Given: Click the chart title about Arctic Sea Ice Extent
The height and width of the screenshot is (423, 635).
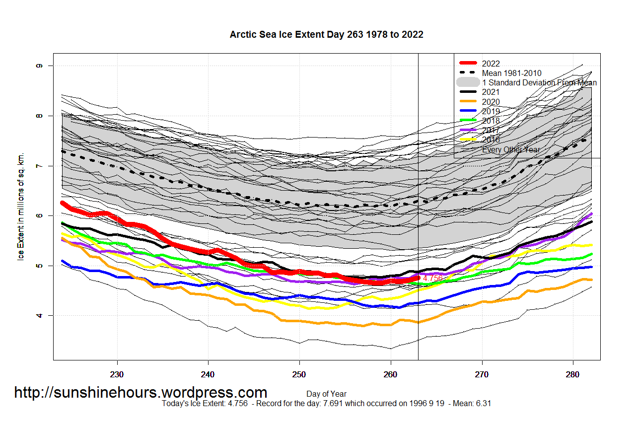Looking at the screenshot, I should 326,35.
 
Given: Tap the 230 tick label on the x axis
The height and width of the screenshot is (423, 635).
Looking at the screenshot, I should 117,373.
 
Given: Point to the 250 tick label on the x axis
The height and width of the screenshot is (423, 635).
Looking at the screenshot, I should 299,373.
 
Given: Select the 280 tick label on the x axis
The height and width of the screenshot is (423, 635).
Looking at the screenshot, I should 573,373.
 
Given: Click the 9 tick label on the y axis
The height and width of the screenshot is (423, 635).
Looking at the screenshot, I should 39,66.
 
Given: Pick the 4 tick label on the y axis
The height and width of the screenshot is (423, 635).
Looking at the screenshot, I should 39,316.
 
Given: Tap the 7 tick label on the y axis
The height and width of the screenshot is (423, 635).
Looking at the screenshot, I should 39,166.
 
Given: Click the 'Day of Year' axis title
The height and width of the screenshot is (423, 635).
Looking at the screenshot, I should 326,394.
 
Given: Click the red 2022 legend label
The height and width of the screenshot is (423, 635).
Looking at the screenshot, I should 491,64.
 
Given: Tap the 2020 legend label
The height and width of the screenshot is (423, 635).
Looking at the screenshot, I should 491,102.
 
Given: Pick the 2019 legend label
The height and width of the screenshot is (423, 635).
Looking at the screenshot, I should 491,111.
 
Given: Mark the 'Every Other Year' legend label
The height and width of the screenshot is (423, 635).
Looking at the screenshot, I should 511,149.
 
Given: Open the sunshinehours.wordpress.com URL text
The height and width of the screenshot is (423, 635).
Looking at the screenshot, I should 141,393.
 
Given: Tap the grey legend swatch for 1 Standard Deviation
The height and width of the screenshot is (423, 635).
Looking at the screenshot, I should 468,82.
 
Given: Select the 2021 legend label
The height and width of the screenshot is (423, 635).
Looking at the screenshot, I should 491,92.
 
